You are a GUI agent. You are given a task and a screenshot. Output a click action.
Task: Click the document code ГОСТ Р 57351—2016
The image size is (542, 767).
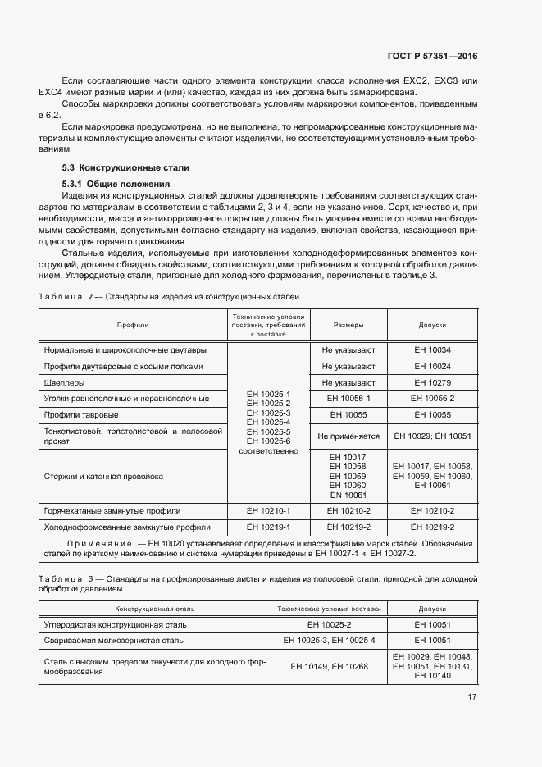(x=431, y=57)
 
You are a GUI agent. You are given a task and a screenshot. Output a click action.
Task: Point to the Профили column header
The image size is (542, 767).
(x=132, y=326)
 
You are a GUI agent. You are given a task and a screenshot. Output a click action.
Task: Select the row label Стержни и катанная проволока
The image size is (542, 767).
(x=103, y=476)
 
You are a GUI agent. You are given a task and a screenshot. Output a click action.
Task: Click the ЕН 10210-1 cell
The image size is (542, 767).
(x=268, y=511)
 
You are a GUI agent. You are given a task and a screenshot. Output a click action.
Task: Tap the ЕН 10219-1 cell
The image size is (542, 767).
(x=268, y=527)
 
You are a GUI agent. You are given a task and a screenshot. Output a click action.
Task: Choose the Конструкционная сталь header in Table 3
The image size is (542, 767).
(x=154, y=609)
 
